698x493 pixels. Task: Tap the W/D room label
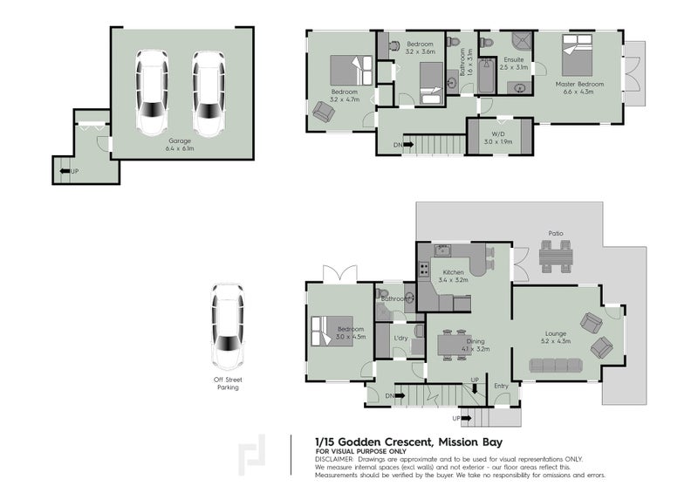pyautogui.click(x=498, y=138)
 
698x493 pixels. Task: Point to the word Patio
pyautogui.click(x=555, y=233)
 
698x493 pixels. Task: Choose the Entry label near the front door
pyautogui.click(x=501, y=385)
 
